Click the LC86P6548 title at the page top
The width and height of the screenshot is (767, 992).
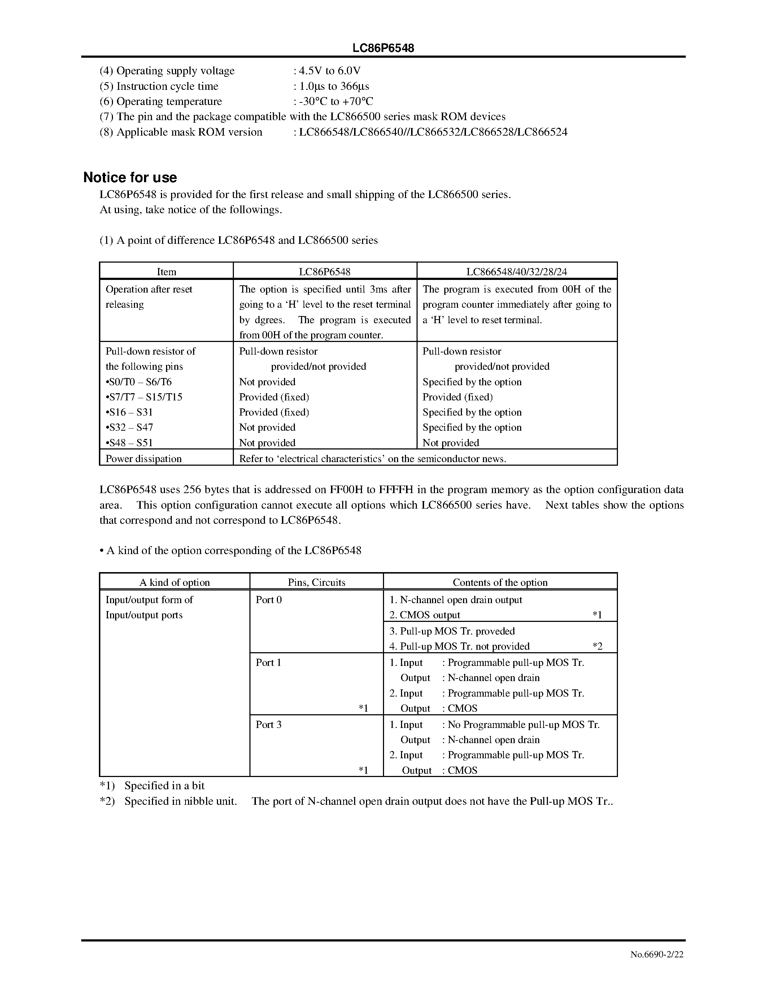tap(383, 48)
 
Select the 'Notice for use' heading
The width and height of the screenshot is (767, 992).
tap(130, 177)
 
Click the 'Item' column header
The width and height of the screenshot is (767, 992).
tap(166, 272)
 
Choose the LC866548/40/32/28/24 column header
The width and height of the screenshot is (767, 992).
tap(517, 272)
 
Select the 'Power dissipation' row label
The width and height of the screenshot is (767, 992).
tap(144, 459)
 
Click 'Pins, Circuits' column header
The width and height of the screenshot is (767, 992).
tap(316, 582)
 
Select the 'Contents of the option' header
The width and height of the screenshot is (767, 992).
tap(500, 582)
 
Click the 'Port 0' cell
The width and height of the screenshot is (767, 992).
tap(269, 600)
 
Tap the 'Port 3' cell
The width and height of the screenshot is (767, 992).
tap(269, 724)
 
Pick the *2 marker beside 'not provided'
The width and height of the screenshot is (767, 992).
tap(597, 646)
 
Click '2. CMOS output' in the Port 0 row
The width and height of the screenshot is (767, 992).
tap(425, 615)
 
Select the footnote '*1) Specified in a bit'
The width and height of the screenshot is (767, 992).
tap(152, 786)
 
